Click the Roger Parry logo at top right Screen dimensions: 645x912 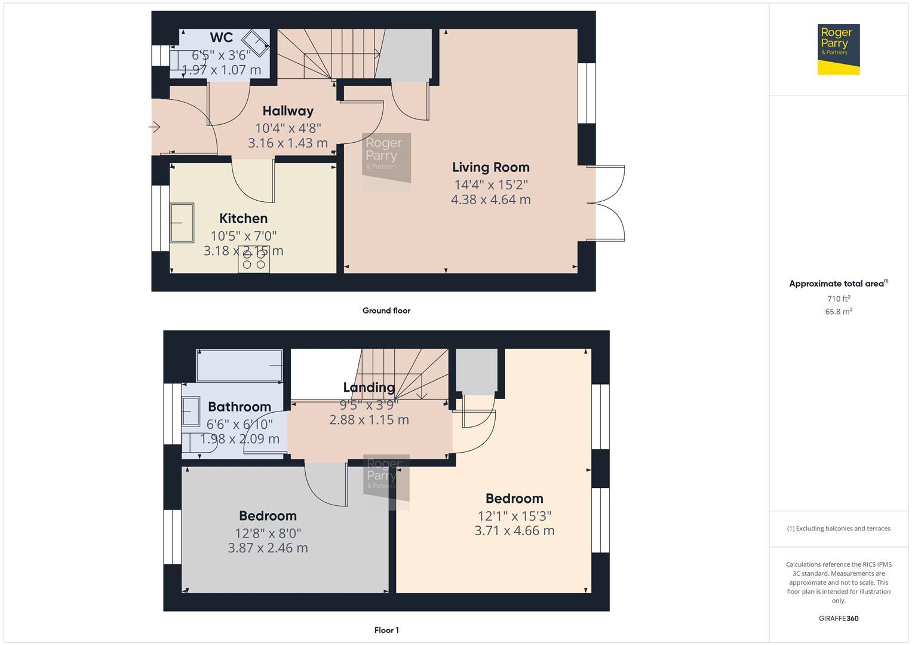pos(838,49)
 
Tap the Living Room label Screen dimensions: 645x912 pos(490,167)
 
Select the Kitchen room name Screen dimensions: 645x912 pos(243,219)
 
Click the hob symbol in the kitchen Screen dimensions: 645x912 pos(254,260)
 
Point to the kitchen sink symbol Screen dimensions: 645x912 pos(182,223)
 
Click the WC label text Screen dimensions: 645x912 pos(221,38)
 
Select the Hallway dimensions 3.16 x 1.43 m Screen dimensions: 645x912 pos(288,143)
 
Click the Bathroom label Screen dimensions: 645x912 pos(239,407)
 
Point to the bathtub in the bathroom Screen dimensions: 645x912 pos(239,365)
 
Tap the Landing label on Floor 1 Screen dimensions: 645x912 pos(369,388)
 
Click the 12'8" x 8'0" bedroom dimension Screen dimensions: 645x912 pos(268,533)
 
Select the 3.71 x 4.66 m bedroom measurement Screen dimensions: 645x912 pos(514,530)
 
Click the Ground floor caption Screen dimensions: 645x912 pos(386,311)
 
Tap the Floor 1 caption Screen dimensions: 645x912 pos(386,630)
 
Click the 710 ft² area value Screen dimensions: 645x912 pos(838,299)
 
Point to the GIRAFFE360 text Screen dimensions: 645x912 pos(838,619)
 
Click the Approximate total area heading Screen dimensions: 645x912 pos(838,284)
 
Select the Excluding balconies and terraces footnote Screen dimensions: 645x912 pos(838,529)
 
